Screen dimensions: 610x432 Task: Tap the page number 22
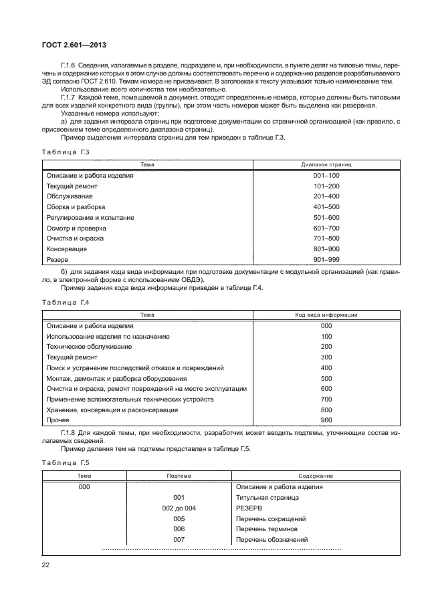pos(46,566)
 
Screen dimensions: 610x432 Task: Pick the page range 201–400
pos(326,196)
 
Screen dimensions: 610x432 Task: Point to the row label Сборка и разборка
pos(72,207)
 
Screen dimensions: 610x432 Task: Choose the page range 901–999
pos(326,259)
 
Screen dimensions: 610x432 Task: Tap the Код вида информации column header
pos(326,314)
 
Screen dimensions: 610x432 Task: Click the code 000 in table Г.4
pos(326,325)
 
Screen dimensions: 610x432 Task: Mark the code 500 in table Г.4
pos(326,378)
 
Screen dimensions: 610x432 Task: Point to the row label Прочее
pos(58,420)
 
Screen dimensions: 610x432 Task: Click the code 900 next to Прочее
pos(326,420)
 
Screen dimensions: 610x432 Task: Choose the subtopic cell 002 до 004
pos(178,508)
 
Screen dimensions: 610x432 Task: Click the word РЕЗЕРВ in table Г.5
pos(250,508)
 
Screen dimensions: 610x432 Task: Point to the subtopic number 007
pos(178,539)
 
